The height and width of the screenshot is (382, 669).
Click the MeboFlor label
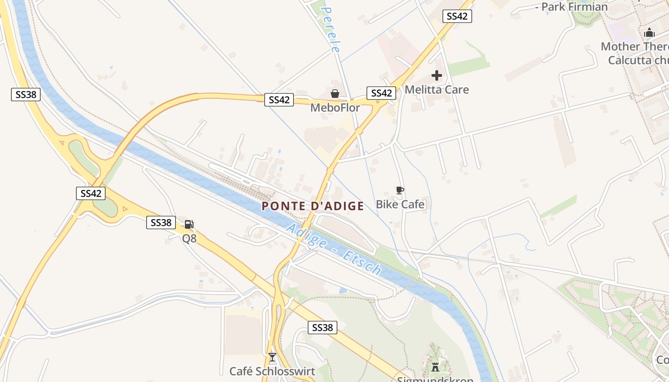(335, 108)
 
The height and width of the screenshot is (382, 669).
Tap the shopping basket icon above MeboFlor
(335, 93)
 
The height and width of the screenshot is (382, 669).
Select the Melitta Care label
(436, 90)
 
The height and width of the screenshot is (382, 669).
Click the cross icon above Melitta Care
(436, 75)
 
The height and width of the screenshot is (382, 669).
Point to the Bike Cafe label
(400, 205)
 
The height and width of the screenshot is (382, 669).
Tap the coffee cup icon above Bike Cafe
(400, 191)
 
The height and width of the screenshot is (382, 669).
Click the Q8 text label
(189, 238)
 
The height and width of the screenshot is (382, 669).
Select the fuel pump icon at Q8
(189, 224)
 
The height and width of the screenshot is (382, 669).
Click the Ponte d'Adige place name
(313, 206)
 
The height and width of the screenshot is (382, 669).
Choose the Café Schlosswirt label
(272, 371)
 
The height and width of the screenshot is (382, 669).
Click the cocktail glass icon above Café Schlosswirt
(272, 357)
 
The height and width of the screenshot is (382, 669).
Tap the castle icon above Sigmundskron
(435, 367)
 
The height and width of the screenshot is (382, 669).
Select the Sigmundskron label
(435, 380)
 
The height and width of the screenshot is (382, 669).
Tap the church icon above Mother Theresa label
(649, 32)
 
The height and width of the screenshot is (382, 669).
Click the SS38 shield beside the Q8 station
(161, 223)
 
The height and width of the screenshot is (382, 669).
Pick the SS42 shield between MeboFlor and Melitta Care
(381, 93)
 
